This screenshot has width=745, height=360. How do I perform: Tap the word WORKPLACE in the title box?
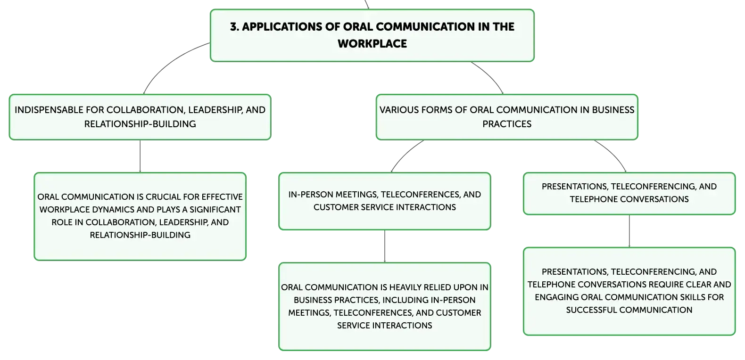[x=372, y=43]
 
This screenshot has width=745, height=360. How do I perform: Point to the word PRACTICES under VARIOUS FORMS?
[x=507, y=124]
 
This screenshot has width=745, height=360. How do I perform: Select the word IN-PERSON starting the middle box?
[x=311, y=195]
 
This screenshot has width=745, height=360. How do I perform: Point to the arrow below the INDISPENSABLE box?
[x=140, y=156]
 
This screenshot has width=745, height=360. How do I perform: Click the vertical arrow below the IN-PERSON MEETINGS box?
[x=385, y=246]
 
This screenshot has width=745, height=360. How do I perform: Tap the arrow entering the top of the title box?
[x=367, y=4]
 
